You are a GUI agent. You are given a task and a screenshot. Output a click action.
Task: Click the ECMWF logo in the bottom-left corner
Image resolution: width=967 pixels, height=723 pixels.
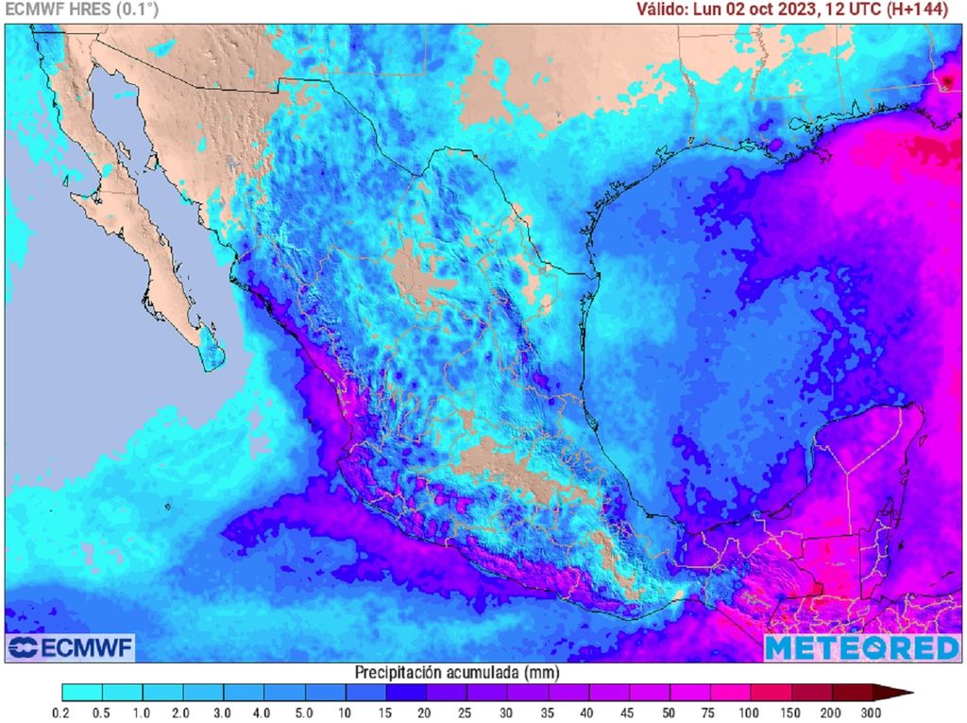(71, 647)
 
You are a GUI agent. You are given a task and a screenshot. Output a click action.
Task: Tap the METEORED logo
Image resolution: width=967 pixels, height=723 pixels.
(861, 647)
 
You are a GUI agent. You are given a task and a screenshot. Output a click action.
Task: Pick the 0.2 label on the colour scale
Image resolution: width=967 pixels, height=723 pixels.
(62, 711)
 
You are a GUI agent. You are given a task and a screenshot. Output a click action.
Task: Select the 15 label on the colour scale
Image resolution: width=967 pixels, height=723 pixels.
(385, 711)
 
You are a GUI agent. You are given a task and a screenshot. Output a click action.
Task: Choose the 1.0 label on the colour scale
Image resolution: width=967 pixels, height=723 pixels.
(143, 711)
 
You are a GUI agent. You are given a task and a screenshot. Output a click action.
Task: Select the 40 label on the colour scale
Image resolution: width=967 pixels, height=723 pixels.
(586, 711)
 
